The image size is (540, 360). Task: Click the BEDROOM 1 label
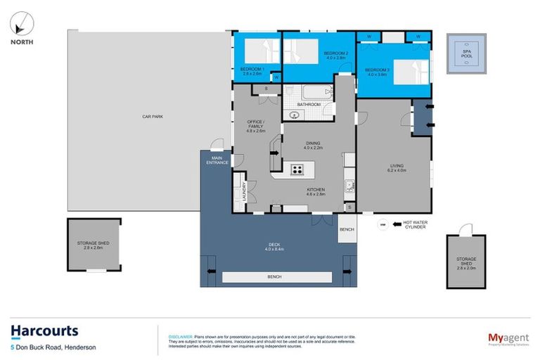251,69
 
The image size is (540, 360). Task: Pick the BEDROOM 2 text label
336,53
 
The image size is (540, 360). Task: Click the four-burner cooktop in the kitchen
297,169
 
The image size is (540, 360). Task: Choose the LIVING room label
397,167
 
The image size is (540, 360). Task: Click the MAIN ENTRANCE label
217,160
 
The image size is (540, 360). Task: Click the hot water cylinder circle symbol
382,226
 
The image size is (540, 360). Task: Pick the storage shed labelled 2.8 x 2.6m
94,244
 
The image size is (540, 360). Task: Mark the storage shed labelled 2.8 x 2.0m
466,262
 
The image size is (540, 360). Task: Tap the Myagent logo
509,338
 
